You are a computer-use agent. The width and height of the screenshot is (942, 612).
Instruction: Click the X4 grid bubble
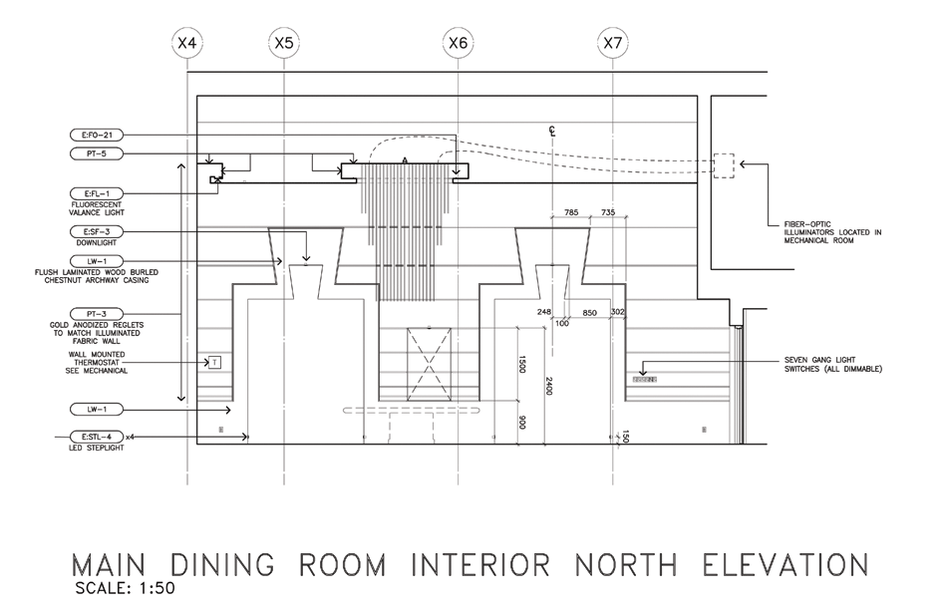tap(187, 43)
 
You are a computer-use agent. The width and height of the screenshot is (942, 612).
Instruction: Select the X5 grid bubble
tap(284, 43)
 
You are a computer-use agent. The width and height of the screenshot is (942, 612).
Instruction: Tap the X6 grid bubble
tap(458, 43)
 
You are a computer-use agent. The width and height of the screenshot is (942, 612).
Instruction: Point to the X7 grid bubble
tap(613, 43)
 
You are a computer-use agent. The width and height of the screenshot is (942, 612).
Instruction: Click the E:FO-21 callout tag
tap(97, 136)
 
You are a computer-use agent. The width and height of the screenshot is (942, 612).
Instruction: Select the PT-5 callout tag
tap(97, 153)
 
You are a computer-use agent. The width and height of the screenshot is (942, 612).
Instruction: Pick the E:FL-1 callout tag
tap(97, 193)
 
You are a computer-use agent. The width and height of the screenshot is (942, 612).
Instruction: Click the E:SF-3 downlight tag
tap(97, 231)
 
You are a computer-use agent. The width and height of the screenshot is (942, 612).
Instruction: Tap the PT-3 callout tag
tap(97, 314)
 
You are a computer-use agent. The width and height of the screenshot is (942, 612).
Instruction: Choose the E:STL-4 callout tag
tap(97, 437)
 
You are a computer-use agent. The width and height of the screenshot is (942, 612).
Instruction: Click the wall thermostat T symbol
tap(214, 362)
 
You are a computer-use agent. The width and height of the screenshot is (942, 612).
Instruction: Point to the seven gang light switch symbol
tap(645, 380)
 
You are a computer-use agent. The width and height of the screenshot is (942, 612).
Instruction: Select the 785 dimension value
tap(571, 212)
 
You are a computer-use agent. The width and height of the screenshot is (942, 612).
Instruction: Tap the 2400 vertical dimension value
tap(549, 386)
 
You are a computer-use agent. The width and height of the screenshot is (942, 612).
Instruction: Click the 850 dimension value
tap(590, 312)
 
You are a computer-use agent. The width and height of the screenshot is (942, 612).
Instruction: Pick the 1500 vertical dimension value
tap(522, 364)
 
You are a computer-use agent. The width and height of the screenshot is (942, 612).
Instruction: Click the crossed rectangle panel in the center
tap(429, 364)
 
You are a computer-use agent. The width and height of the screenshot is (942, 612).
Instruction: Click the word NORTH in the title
tap(626, 565)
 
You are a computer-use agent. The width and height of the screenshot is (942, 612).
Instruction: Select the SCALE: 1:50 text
tap(125, 588)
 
